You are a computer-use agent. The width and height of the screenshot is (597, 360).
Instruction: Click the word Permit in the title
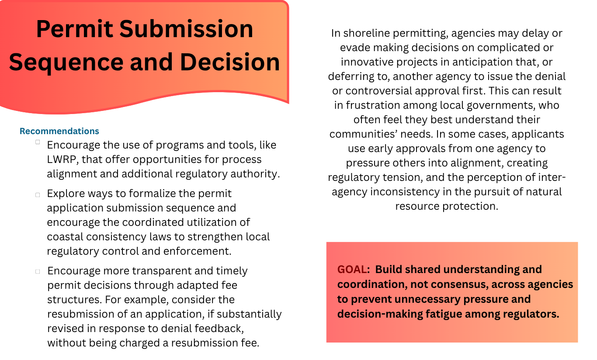pyautogui.click(x=75, y=29)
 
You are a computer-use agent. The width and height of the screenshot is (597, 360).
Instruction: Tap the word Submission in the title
pyautogui.click(x=186, y=29)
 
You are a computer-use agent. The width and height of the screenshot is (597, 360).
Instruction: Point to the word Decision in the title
pyautogui.click(x=230, y=62)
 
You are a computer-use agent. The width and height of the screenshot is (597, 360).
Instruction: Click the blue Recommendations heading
pyautogui.click(x=59, y=131)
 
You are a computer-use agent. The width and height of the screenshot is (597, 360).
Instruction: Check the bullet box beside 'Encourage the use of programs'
pyautogui.click(x=38, y=142)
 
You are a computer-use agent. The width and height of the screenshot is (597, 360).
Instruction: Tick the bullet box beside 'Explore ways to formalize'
pyautogui.click(x=38, y=195)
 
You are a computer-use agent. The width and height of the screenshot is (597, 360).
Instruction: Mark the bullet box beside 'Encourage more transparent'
pyautogui.click(x=38, y=272)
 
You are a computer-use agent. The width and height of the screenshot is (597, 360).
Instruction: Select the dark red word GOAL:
pyautogui.click(x=354, y=270)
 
